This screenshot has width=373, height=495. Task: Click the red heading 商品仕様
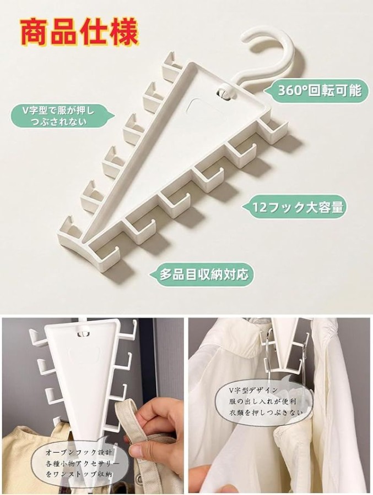click(80, 32)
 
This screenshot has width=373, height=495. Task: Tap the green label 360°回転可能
click(316, 91)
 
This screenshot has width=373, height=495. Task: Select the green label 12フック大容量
click(295, 207)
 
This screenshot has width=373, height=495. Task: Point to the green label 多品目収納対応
click(202, 274)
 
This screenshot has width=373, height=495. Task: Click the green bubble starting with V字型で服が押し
click(62, 116)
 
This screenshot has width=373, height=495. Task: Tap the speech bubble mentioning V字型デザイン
click(263, 401)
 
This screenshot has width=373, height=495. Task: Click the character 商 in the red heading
click(35, 32)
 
